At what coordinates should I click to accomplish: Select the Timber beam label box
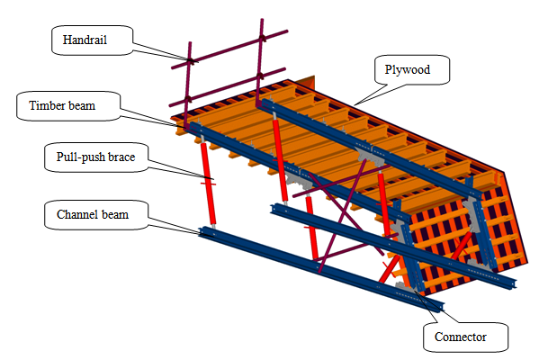pos(67,105)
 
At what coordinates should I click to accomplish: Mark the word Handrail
pos(84,40)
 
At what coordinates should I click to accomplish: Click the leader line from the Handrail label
pos(167,51)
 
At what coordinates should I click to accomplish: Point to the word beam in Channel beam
pos(116,215)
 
